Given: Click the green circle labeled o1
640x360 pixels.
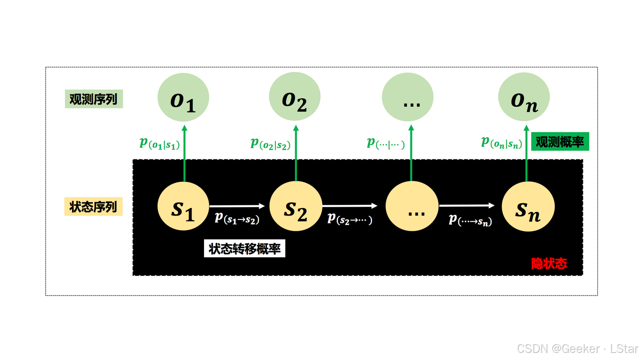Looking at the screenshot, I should (x=183, y=97).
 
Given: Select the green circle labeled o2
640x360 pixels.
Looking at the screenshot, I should (x=295, y=97).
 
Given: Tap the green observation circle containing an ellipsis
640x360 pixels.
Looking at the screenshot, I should (x=408, y=97).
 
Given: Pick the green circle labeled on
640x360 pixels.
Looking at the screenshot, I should (x=524, y=97).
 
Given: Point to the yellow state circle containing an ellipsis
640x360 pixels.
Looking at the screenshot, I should (x=412, y=206).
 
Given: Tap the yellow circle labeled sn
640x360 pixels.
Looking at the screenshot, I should (x=528, y=206).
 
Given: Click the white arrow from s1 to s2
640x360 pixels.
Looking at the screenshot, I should (x=237, y=206).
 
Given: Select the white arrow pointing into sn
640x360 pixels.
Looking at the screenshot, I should (x=467, y=205).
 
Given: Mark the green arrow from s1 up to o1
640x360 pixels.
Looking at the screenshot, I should (x=184, y=153).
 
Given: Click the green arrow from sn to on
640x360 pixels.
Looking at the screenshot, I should (x=527, y=153).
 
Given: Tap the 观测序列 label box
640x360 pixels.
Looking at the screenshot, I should (x=93, y=99).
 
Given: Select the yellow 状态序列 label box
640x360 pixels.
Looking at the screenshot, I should (x=93, y=207).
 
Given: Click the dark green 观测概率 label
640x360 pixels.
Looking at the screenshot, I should (x=560, y=142).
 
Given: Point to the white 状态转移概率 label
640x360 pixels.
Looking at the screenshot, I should (x=244, y=249).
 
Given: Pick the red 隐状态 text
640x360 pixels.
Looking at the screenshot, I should (x=549, y=263).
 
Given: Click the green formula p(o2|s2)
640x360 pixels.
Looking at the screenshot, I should (x=270, y=143).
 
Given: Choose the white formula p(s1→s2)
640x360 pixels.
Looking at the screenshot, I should (x=237, y=218).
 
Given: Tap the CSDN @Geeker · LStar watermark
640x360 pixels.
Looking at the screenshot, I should (x=578, y=349).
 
